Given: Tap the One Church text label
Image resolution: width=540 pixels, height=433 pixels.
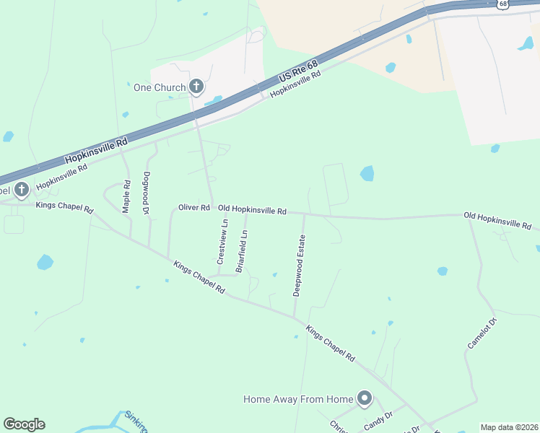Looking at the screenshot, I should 160,88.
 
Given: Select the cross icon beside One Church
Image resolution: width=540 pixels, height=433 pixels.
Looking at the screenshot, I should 196,87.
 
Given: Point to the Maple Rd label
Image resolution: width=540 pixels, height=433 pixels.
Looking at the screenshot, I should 126,196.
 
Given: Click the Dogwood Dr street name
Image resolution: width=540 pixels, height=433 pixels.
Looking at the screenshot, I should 147,192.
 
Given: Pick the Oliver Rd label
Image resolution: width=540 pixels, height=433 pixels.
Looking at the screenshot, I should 193,208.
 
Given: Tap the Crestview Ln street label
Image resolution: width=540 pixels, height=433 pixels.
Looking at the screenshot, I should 222,242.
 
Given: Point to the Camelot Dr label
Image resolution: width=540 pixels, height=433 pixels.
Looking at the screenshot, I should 482,333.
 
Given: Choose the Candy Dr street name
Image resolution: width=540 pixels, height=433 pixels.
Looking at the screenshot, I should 378,419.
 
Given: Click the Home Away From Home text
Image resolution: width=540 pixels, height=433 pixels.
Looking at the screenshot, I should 298,399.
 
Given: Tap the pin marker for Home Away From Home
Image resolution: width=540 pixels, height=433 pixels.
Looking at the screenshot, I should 365,398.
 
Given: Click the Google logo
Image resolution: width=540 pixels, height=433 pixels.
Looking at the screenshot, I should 24,424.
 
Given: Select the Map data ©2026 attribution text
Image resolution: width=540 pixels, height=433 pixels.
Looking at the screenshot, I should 509,427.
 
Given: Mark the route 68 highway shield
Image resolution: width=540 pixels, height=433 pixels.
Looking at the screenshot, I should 502,4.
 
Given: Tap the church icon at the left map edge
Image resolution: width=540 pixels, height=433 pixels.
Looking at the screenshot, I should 22,190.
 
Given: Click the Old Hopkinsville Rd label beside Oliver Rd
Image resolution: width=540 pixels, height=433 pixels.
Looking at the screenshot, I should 253,211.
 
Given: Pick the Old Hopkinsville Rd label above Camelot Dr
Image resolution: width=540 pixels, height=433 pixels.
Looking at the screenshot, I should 497,220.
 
